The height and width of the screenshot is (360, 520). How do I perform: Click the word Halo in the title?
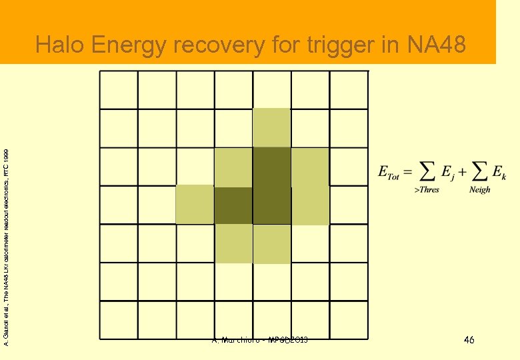pos(61,45)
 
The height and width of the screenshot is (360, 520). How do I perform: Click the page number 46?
pos(469,341)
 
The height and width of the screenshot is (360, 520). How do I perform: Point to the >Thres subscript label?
pos(427,190)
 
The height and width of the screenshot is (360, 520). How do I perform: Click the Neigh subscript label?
pos(479,190)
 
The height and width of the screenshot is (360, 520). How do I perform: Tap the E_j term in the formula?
pos(447,173)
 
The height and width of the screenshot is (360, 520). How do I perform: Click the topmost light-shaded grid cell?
pos(272,127)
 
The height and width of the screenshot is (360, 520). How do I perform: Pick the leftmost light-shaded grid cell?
pos(195,205)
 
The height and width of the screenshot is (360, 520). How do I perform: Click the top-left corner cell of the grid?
pos(118,89)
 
